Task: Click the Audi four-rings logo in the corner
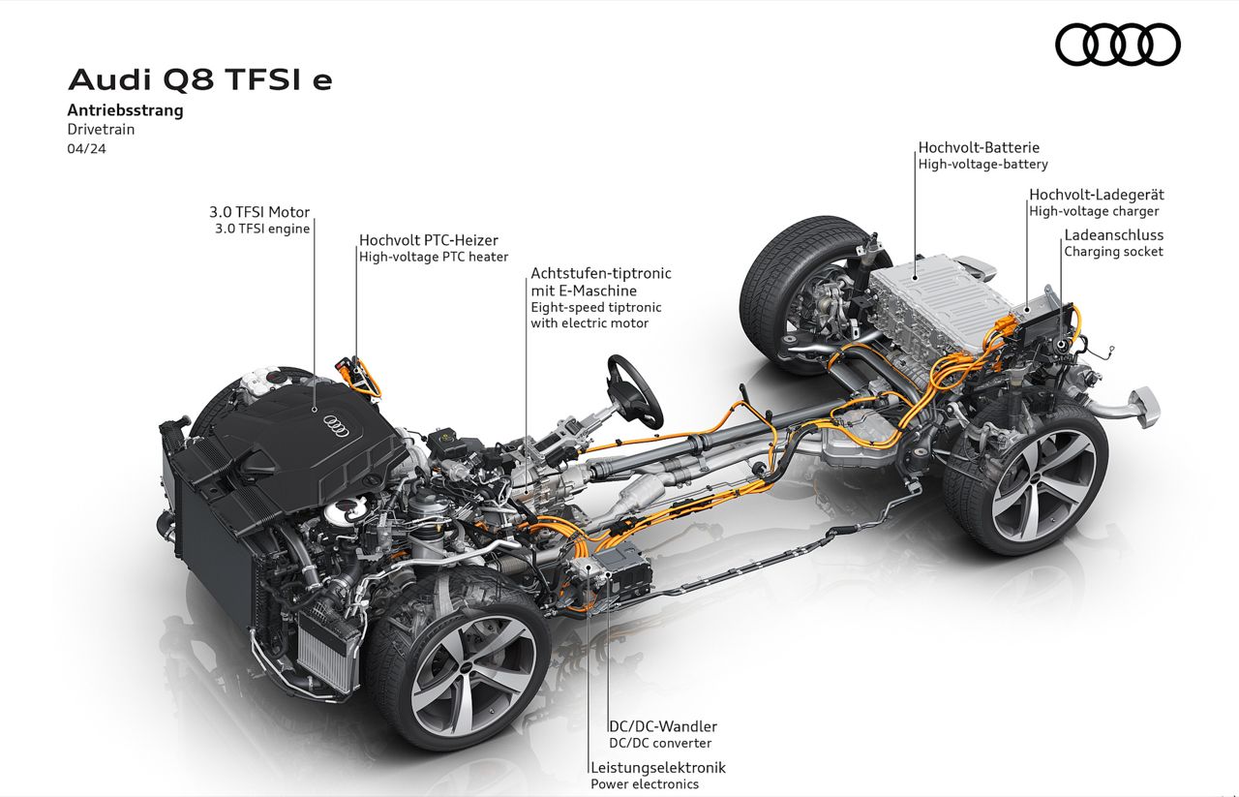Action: pyautogui.click(x=1117, y=45)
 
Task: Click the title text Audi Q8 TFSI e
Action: pyautogui.click(x=200, y=79)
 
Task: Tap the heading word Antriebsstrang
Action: pyautogui.click(x=125, y=109)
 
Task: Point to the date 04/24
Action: pyautogui.click(x=86, y=148)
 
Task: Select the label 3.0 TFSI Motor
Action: pyautogui.click(x=259, y=212)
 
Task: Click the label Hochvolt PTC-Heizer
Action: pyautogui.click(x=429, y=240)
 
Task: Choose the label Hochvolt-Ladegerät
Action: pyautogui.click(x=1095, y=194)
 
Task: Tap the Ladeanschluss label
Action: pyautogui.click(x=1114, y=234)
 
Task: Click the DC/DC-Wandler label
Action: pyautogui.click(x=662, y=726)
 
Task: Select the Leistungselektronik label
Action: pyautogui.click(x=658, y=767)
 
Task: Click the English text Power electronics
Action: pyautogui.click(x=645, y=783)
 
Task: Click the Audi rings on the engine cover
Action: pyautogui.click(x=336, y=425)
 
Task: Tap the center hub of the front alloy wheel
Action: pyautogui.click(x=471, y=667)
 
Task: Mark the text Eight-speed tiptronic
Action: pyautogui.click(x=595, y=307)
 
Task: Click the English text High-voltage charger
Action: pyautogui.click(x=1094, y=211)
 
